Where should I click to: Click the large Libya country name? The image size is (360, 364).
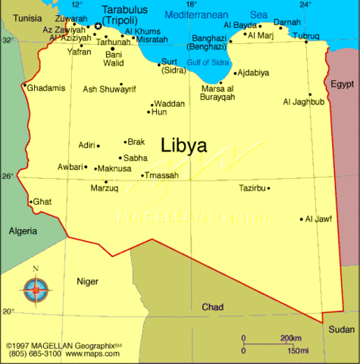point(183,146)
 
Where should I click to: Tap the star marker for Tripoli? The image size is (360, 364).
point(98,27)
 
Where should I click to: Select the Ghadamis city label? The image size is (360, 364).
point(46,88)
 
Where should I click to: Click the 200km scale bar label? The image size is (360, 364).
point(291,337)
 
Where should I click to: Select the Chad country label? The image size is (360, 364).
point(212,307)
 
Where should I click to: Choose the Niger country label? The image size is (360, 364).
point(87,281)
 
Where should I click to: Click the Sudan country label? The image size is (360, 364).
point(341,329)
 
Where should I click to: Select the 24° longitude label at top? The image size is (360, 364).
point(305,5)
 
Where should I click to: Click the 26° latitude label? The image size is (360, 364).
point(8,176)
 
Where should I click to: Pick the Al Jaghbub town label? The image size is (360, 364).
point(303,102)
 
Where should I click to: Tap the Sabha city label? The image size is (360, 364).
point(135,158)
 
